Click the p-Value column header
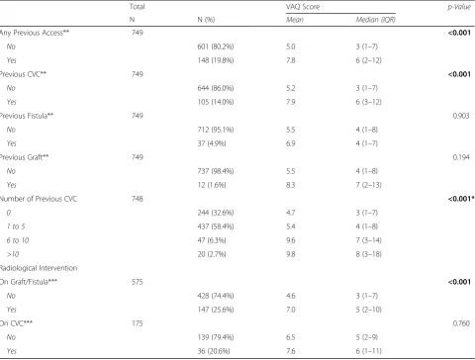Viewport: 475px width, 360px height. (459, 7)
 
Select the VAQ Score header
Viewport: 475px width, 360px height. (303, 7)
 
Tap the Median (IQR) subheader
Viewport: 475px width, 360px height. (375, 20)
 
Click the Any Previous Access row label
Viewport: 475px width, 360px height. (35, 33)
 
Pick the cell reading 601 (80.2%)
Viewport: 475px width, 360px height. (216, 46)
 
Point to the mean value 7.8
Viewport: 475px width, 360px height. (291, 60)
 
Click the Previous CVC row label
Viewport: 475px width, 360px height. (23, 74)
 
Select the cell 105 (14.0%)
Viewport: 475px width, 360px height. (216, 102)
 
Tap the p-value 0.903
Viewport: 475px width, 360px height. (461, 116)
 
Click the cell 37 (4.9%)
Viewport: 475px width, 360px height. (212, 143)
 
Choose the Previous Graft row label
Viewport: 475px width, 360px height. (24, 157)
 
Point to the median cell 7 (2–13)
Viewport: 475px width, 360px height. (368, 185)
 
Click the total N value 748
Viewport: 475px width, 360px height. (138, 199)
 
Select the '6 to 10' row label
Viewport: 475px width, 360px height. (18, 240)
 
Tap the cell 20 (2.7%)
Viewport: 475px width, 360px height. (212, 254)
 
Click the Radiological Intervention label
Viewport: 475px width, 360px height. (39, 268)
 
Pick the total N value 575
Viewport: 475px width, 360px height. (138, 282)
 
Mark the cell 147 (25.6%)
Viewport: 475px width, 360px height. (216, 310)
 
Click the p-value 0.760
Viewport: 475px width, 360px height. (461, 323)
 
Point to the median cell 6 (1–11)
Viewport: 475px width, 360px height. (368, 351)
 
